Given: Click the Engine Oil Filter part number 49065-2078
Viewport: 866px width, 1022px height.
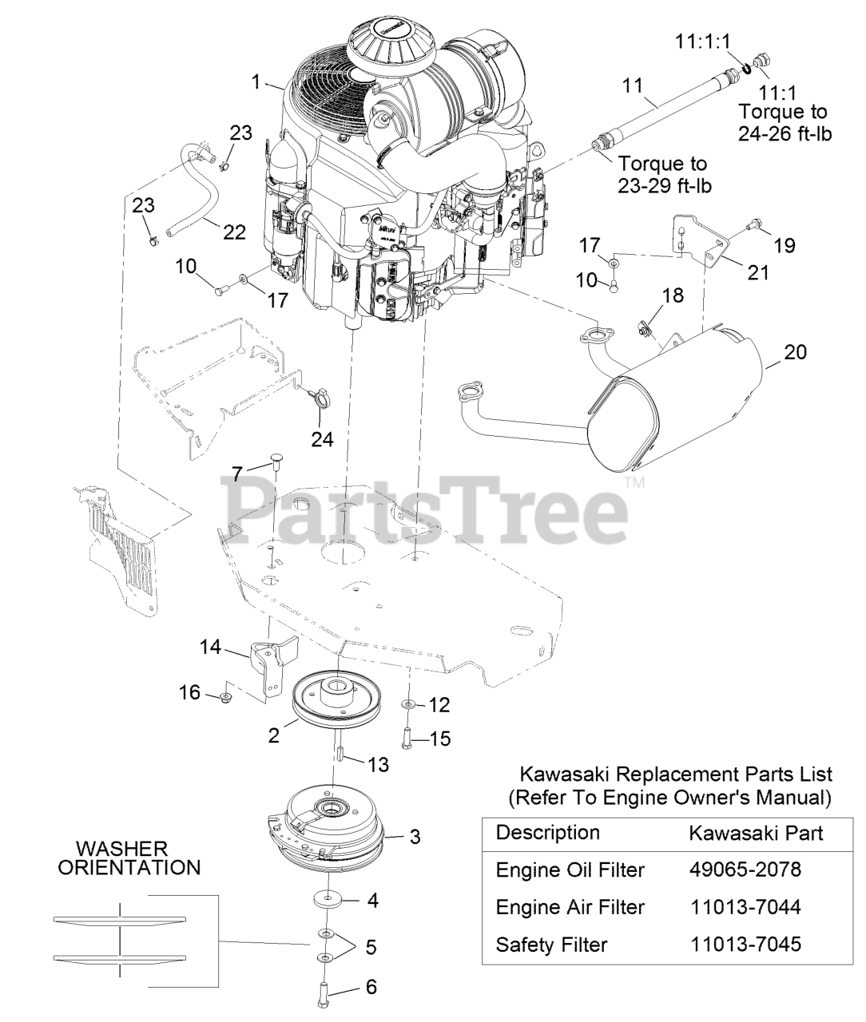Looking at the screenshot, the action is (744, 869).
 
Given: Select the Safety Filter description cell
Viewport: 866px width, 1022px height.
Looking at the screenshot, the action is (551, 945).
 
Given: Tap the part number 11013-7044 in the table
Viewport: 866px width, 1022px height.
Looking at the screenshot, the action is (744, 907).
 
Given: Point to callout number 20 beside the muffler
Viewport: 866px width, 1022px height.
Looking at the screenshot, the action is (795, 352).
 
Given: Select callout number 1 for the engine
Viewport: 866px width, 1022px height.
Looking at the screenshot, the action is (256, 81).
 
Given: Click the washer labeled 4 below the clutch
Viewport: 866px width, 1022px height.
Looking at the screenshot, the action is (326, 900).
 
